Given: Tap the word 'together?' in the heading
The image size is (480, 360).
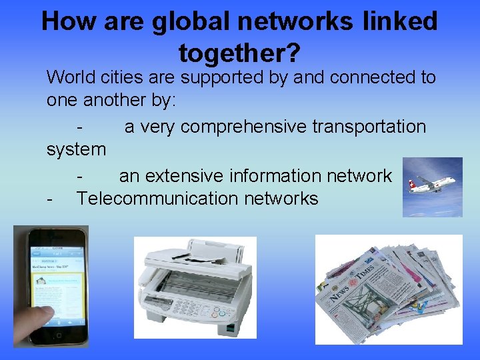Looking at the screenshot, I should pyautogui.click(x=239, y=51).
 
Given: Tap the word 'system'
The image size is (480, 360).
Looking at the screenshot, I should pyautogui.click(x=76, y=149).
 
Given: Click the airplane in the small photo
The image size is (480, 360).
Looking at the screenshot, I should pyautogui.click(x=431, y=183).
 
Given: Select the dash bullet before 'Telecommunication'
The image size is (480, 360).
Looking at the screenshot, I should pyautogui.click(x=50, y=199).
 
